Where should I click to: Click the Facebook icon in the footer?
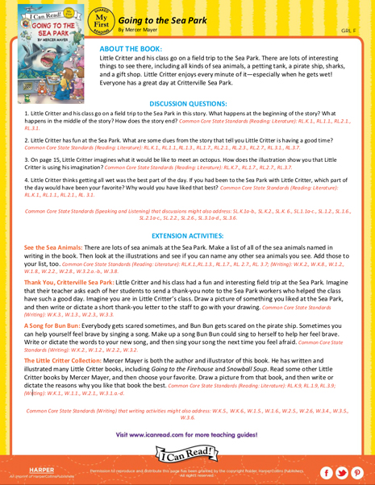click(x=325, y=469)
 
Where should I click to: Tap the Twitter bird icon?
click(x=342, y=469)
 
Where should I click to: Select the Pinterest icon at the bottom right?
click(x=359, y=469)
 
